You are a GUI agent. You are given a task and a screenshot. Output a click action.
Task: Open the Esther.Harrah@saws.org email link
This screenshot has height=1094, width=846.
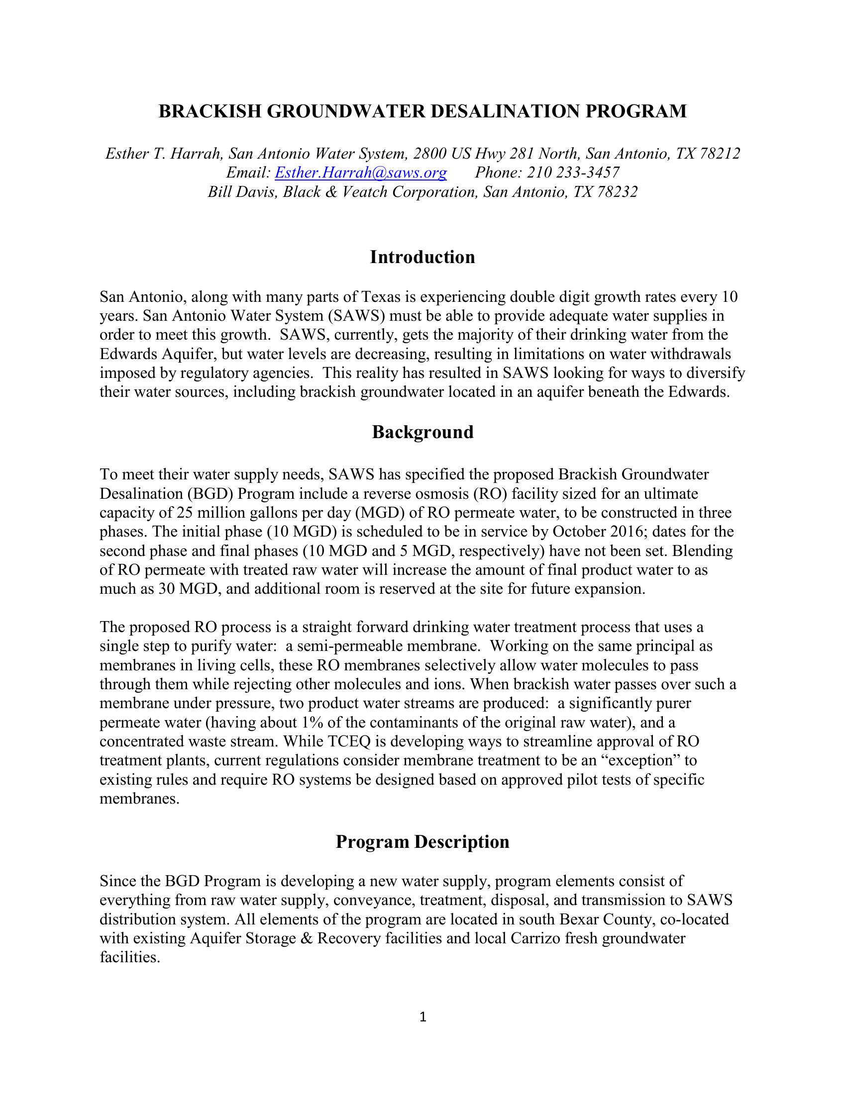pos(361,173)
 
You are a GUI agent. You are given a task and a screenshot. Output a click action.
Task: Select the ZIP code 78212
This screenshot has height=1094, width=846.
pos(720,154)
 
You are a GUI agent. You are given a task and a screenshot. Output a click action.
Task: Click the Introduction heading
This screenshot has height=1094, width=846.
pos(423,257)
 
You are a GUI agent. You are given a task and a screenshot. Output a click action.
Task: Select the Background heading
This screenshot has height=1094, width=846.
pos(423,432)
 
